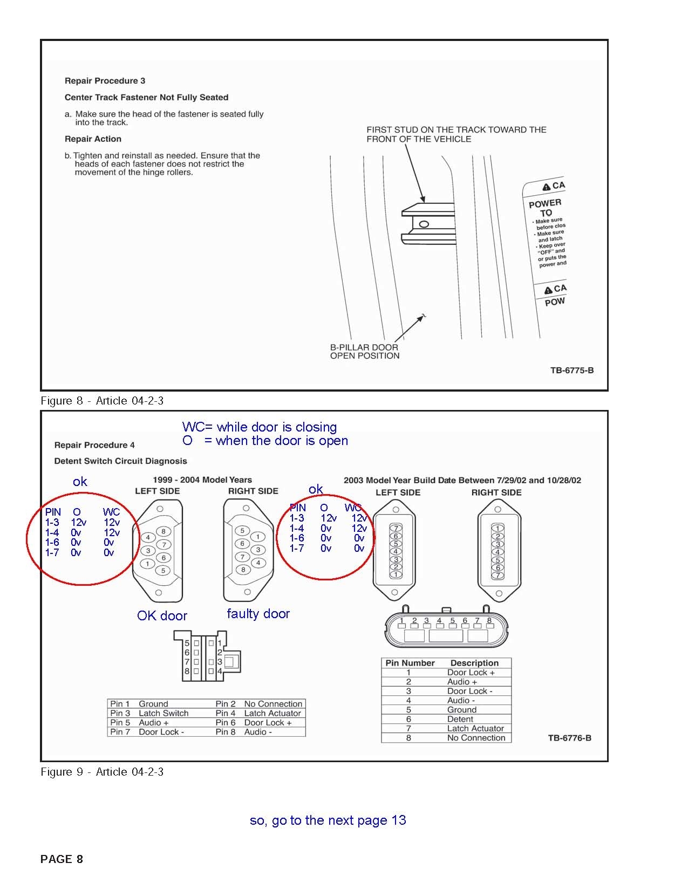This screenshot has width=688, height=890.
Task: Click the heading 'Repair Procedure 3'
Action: tap(105, 81)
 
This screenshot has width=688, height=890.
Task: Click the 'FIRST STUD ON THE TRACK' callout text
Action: tap(456, 134)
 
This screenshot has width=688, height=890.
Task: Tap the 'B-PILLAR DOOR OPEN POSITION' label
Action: tap(364, 352)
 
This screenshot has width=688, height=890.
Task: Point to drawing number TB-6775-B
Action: tap(571, 371)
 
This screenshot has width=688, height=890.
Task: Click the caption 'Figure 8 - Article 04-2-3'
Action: tap(102, 401)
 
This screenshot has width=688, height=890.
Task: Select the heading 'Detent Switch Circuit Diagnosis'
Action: tap(120, 461)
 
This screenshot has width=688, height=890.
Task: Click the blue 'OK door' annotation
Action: tap(162, 616)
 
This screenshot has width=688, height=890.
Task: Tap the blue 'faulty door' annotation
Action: tap(258, 614)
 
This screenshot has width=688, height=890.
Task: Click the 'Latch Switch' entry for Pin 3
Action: tap(164, 713)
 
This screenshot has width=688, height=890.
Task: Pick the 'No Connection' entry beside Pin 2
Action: tap(273, 704)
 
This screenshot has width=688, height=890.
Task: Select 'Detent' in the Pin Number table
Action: tap(460, 719)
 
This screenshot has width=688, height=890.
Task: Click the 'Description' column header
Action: tap(474, 663)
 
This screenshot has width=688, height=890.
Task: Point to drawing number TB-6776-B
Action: tap(569, 738)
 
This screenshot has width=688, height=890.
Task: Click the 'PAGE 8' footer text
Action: tap(62, 859)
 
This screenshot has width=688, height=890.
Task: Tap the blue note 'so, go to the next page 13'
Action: tap(328, 820)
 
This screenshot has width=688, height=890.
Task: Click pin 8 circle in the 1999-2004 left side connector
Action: tap(164, 531)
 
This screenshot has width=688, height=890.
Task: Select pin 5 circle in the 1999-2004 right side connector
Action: tap(242, 531)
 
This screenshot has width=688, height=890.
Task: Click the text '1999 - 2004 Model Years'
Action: tap(202, 480)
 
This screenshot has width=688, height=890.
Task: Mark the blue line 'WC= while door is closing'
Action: tap(259, 427)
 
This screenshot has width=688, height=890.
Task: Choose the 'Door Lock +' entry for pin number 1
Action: tap(471, 673)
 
